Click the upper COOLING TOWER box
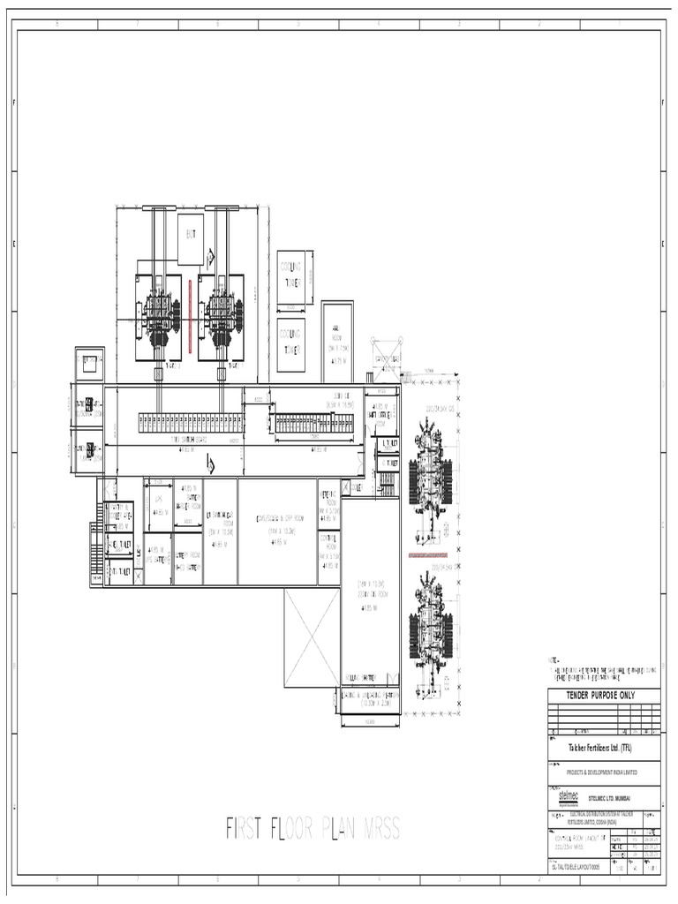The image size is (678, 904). pos(291,276)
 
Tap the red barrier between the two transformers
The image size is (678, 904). pos(189,314)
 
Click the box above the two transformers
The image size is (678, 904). pos(190,238)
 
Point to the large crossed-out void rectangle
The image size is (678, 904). pos(312,637)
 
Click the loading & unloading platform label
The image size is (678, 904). pos(370,700)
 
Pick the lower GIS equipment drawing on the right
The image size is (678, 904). pos(432,627)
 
